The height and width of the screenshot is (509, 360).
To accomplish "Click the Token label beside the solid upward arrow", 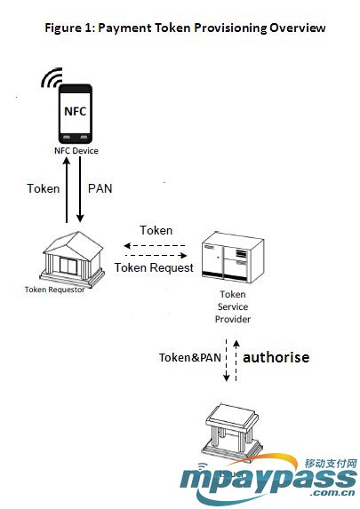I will click(x=43, y=188).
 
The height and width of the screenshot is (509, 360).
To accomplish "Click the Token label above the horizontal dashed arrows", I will click(x=156, y=229).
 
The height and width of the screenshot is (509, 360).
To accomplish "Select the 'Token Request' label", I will click(x=154, y=266).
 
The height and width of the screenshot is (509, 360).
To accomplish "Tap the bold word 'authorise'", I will click(x=276, y=356).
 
